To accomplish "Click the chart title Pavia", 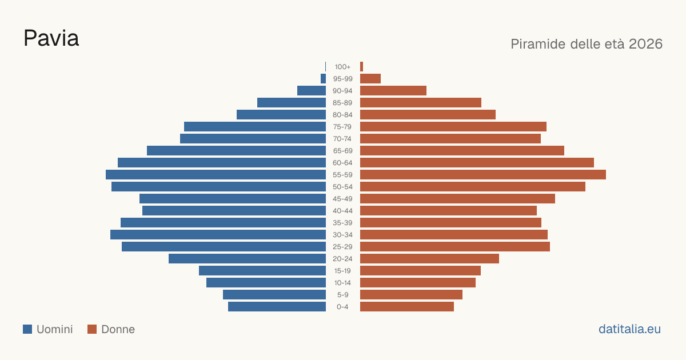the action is coord(51,38).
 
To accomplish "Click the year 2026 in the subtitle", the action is coord(645,44).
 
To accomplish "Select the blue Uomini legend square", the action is coord(27,329).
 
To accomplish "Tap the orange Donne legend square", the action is coord(92,329).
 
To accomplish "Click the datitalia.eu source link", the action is coord(629,329).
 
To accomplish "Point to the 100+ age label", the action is coord(342,67).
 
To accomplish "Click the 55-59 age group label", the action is coord(342,175).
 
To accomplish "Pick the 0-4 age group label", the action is coord(342,307).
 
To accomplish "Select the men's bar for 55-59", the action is coord(216,174).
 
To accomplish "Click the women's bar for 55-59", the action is coord(483,174).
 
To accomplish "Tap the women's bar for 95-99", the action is coord(370,79).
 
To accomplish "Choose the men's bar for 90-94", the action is coord(312,91).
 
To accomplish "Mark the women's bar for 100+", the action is coord(361,67).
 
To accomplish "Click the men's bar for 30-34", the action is coord(218,234).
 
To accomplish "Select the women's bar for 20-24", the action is coord(429,259).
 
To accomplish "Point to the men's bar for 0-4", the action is coord(277,307).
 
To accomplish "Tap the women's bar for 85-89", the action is coord(421,102).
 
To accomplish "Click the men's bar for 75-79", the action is coord(255,127).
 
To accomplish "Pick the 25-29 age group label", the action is coord(342,247).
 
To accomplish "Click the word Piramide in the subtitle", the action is coord(538,44).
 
